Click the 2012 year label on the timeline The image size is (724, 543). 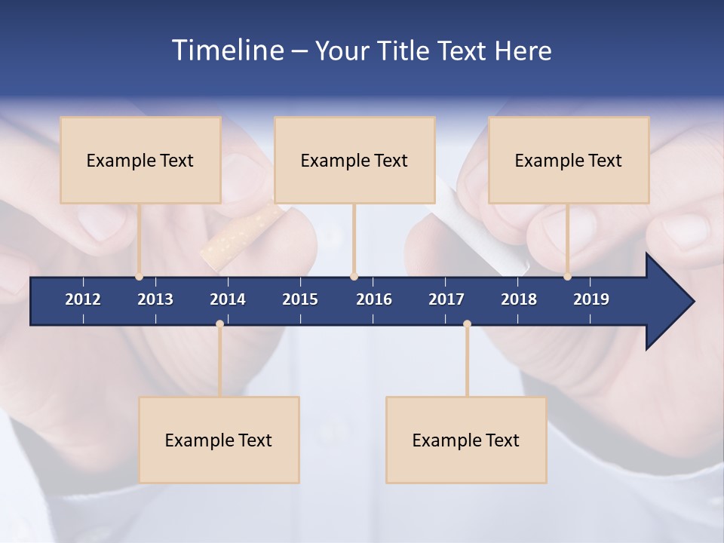click(x=83, y=299)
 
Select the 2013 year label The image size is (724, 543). click(x=155, y=299)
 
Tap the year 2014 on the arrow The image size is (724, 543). click(x=228, y=299)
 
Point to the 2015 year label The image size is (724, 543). click(x=300, y=299)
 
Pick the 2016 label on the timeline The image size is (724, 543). click(x=374, y=299)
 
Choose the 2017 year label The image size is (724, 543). click(x=446, y=299)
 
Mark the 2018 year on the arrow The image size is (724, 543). click(x=519, y=299)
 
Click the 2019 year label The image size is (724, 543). click(x=591, y=299)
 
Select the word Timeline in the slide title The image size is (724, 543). click(x=227, y=51)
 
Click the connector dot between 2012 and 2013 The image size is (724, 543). click(x=139, y=277)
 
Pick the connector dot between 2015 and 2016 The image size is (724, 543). click(x=354, y=277)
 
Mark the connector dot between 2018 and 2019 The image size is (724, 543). click(x=567, y=277)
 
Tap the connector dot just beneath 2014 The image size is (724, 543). click(x=219, y=324)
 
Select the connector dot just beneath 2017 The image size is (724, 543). click(x=467, y=324)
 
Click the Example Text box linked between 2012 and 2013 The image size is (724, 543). click(x=140, y=160)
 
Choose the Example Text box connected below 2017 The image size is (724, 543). click(x=466, y=440)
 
